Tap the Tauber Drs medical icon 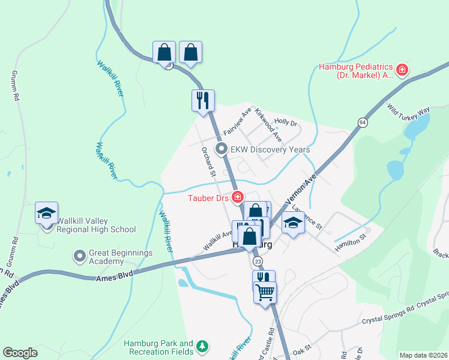(238, 197)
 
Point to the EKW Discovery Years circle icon (221, 149)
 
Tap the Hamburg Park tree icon (203, 346)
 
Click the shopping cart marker (265, 293)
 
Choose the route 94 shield (362, 122)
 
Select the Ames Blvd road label (113, 278)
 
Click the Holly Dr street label (286, 123)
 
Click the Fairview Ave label (237, 122)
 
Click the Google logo (20, 353)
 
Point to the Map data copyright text (423, 355)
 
